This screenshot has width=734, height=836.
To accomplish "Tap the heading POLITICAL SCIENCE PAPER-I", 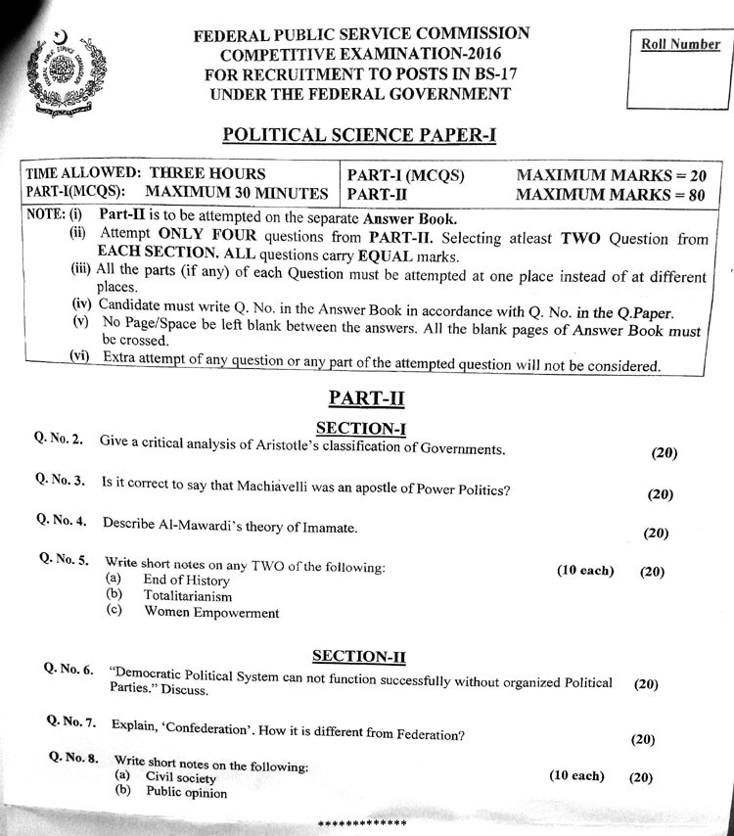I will pos(359,135).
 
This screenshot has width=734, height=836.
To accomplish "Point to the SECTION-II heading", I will pos(359,656).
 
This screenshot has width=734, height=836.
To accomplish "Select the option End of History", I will pos(186,580).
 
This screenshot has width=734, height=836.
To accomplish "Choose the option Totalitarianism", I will pos(188,595).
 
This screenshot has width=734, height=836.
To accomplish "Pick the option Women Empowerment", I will pos(211,613).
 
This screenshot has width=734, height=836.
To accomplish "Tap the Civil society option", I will pos(181,777).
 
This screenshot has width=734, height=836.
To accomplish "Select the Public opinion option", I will pos(186,793).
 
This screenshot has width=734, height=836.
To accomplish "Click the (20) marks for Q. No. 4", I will pos(656,534).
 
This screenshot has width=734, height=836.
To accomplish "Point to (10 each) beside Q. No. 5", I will pos(585,571).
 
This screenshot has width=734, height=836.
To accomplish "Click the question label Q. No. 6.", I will pos(69,670).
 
